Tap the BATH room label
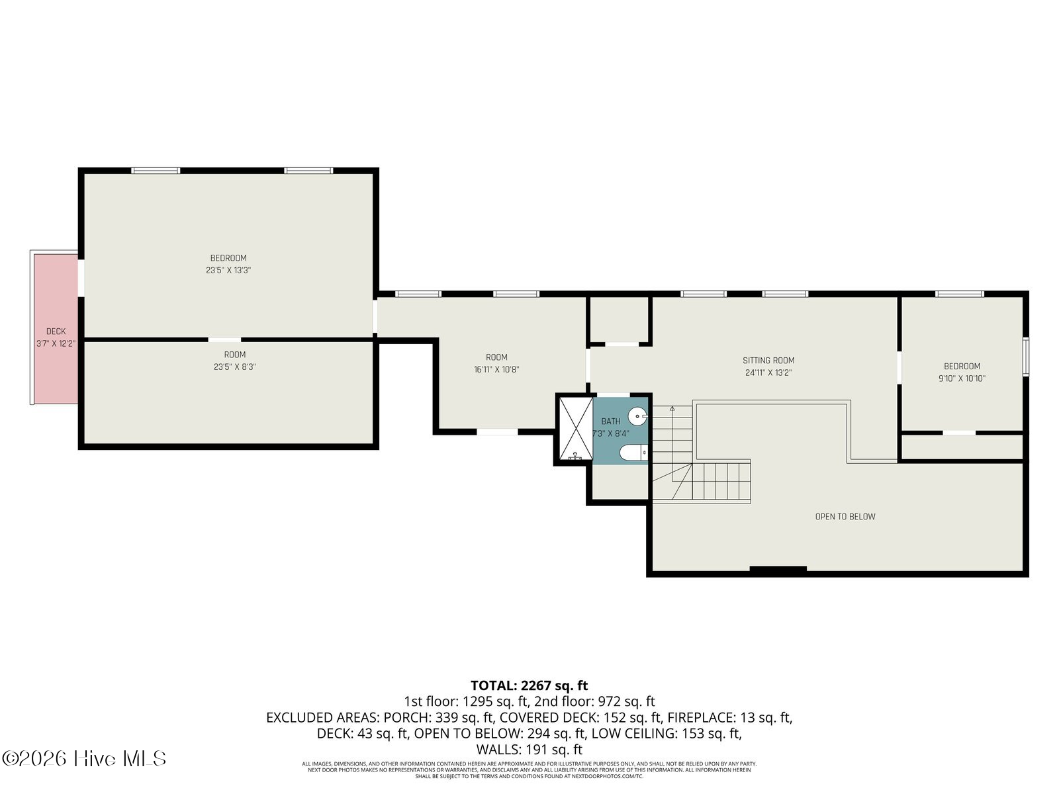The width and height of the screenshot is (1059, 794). pyautogui.click(x=611, y=421)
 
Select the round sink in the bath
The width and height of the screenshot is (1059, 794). pyautogui.click(x=638, y=417)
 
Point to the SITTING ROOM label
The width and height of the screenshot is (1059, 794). pyautogui.click(x=768, y=361)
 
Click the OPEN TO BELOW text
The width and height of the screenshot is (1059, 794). pyautogui.click(x=845, y=517)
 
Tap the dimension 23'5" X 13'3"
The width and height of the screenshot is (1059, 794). pyautogui.click(x=228, y=270)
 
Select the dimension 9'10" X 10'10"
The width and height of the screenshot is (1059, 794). pyautogui.click(x=962, y=378)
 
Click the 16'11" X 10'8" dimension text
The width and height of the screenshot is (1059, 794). pyautogui.click(x=496, y=370)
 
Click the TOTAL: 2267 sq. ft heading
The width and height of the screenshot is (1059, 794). pyautogui.click(x=529, y=685)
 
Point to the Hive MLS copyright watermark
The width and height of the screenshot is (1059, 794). pyautogui.click(x=84, y=758)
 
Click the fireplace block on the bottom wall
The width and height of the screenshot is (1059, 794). pyautogui.click(x=778, y=569)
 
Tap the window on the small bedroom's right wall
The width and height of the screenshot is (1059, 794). pyautogui.click(x=1025, y=357)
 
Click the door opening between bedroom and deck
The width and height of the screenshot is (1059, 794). pyautogui.click(x=81, y=278)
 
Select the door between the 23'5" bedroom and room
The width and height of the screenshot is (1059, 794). pyautogui.click(x=225, y=340)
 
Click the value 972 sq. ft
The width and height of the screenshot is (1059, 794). pyautogui.click(x=626, y=701)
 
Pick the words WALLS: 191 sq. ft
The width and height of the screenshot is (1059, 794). pyautogui.click(x=529, y=750)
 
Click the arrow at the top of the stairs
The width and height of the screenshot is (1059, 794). pyautogui.click(x=672, y=409)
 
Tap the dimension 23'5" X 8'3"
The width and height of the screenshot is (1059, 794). pyautogui.click(x=234, y=367)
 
